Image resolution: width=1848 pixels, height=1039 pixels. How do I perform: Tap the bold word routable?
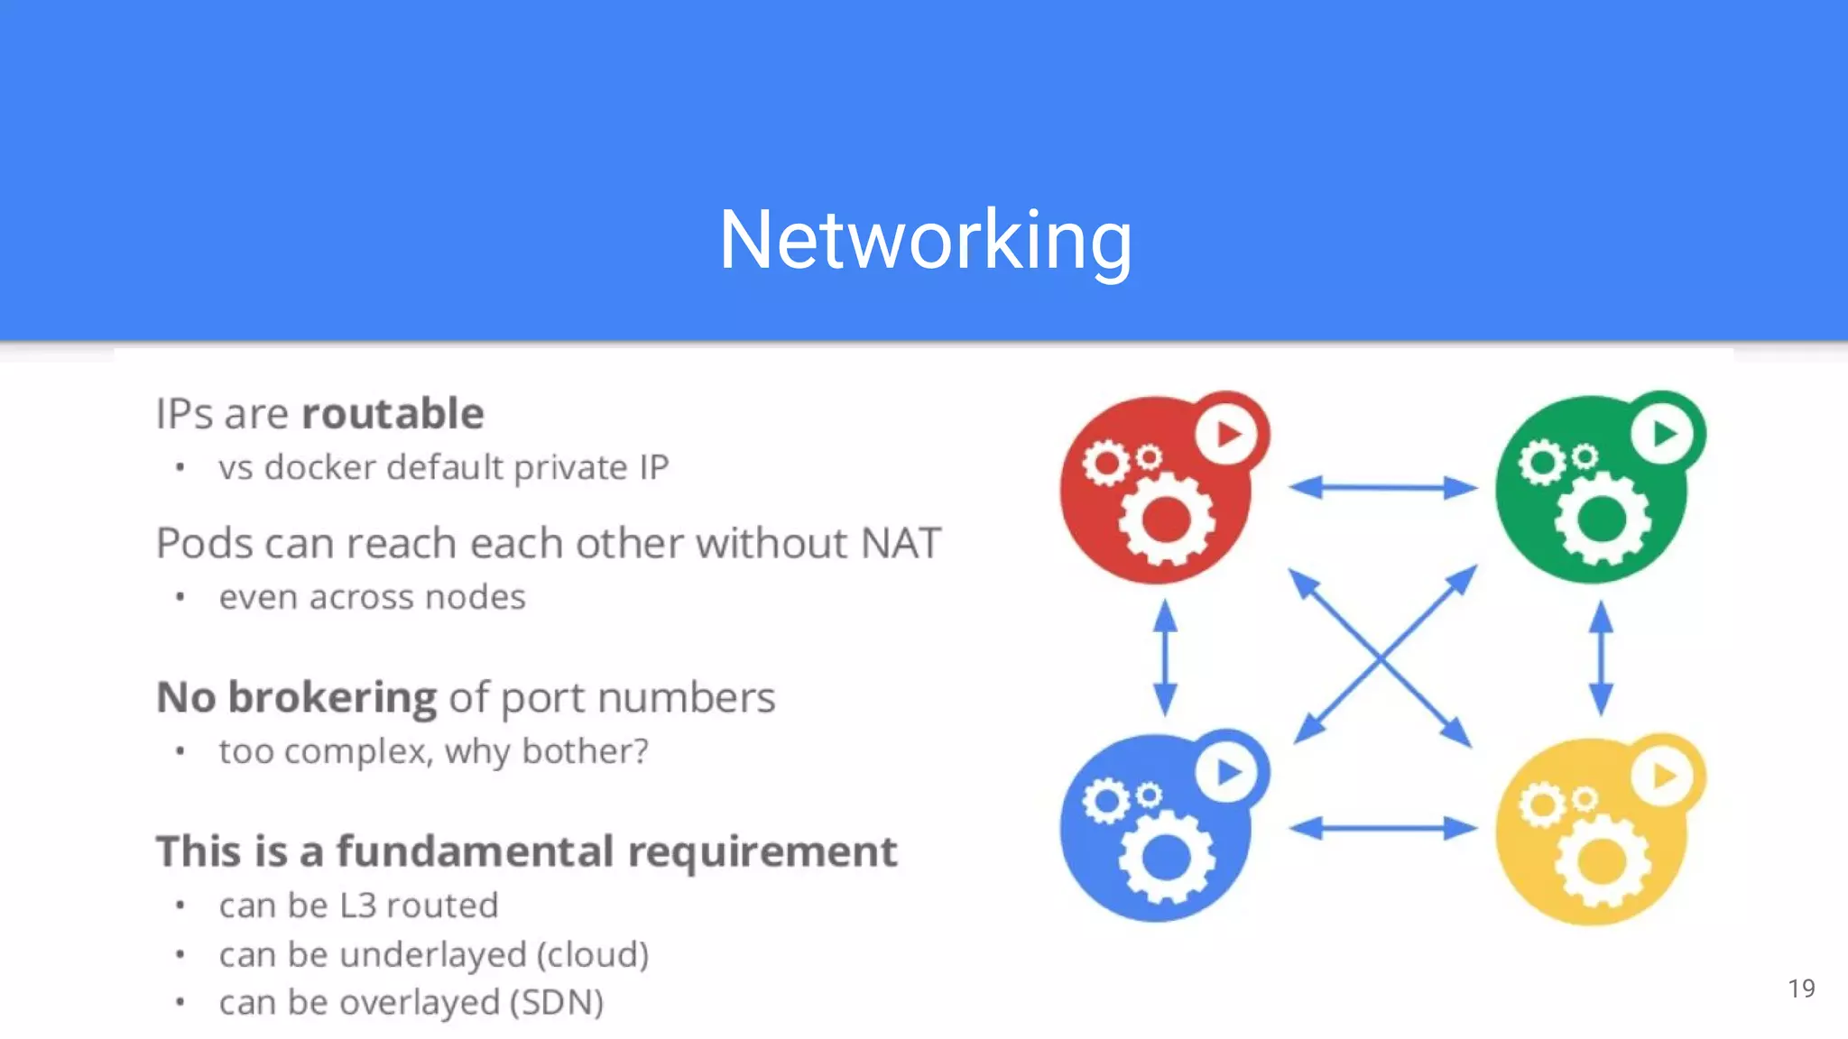[x=393, y=414]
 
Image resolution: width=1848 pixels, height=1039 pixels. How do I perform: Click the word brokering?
[x=333, y=698]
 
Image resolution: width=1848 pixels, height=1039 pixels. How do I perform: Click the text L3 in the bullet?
[x=357, y=906]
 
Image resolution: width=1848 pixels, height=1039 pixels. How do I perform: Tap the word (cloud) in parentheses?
[x=593, y=954]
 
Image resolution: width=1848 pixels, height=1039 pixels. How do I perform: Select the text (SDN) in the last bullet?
[x=557, y=1003]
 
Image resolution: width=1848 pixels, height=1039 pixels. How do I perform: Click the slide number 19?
[x=1801, y=988]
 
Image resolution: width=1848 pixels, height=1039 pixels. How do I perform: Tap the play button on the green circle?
[x=1663, y=434]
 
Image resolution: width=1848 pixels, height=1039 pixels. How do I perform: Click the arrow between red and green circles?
[x=1382, y=488]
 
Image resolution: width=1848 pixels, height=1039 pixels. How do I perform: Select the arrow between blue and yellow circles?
[x=1382, y=828]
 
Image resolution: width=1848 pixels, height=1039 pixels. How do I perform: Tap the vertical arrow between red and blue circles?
[x=1165, y=657]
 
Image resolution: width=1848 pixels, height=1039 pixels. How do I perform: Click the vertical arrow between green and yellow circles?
[x=1601, y=658]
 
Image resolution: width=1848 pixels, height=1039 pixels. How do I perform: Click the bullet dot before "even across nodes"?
[x=180, y=597]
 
